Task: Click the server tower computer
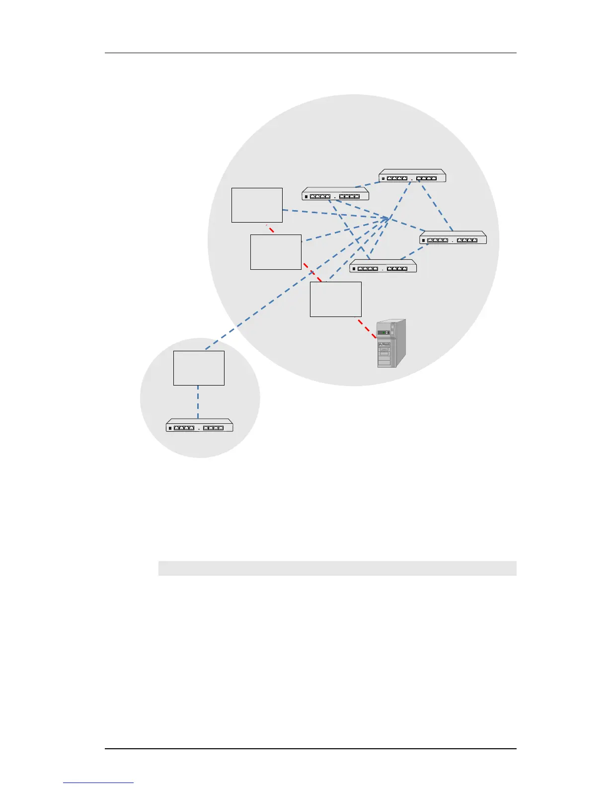pos(391,344)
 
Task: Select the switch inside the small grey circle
pos(199,426)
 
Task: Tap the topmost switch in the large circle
pos(412,176)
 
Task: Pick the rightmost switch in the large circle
pos(453,238)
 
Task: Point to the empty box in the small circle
pos(199,368)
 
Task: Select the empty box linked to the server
pos(335,299)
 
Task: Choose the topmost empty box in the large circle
pos(257,205)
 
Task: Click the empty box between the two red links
pos(276,252)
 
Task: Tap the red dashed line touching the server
pos(367,328)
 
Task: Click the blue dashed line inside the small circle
pos(198,402)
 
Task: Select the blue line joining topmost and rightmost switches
pos(436,207)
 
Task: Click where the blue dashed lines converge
pos(389,219)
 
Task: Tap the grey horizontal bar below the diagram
pos(337,568)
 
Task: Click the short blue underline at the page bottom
pos(98,783)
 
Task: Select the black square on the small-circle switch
pos(170,428)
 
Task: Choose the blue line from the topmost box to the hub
pos(333,214)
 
